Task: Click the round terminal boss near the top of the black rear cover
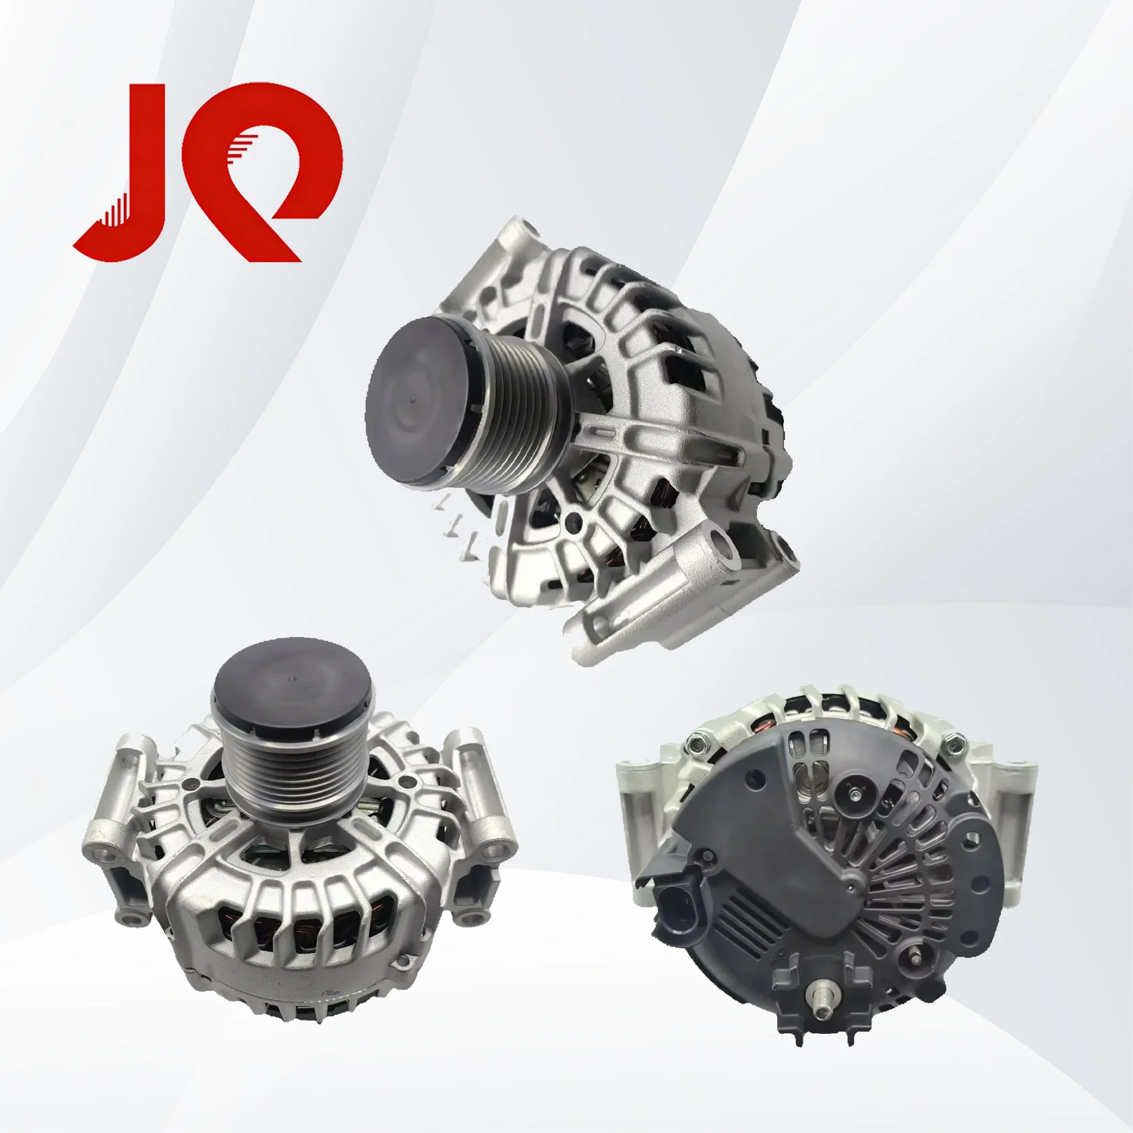tap(851, 797)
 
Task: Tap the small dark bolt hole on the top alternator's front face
tap(574, 521)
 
